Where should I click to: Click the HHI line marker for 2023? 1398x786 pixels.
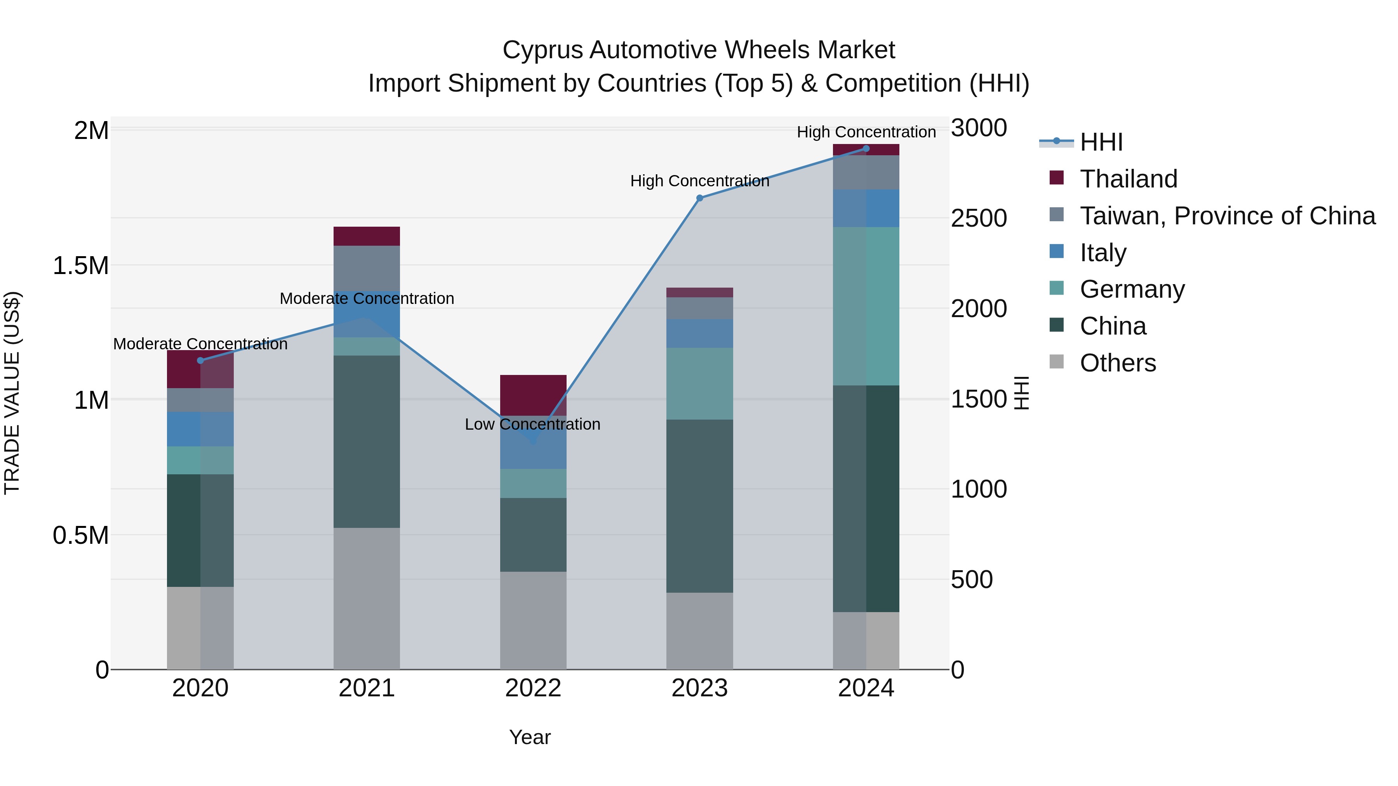(699, 198)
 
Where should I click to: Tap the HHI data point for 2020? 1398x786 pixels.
(200, 360)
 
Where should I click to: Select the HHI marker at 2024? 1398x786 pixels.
(866, 149)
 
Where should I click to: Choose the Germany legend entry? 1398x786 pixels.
(1132, 289)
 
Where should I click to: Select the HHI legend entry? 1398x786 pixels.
(1101, 142)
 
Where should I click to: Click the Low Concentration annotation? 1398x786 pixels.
(532, 424)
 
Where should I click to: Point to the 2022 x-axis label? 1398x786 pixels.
(533, 688)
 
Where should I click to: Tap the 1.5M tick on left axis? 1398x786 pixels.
(81, 266)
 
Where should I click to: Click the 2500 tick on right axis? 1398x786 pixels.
(979, 218)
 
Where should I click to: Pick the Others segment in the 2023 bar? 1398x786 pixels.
(699, 630)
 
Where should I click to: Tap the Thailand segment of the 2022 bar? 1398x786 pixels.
(533, 394)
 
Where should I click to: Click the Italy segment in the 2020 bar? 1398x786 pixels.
(200, 429)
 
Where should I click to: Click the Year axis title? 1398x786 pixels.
(530, 737)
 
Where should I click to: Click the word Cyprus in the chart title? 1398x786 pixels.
(543, 50)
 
